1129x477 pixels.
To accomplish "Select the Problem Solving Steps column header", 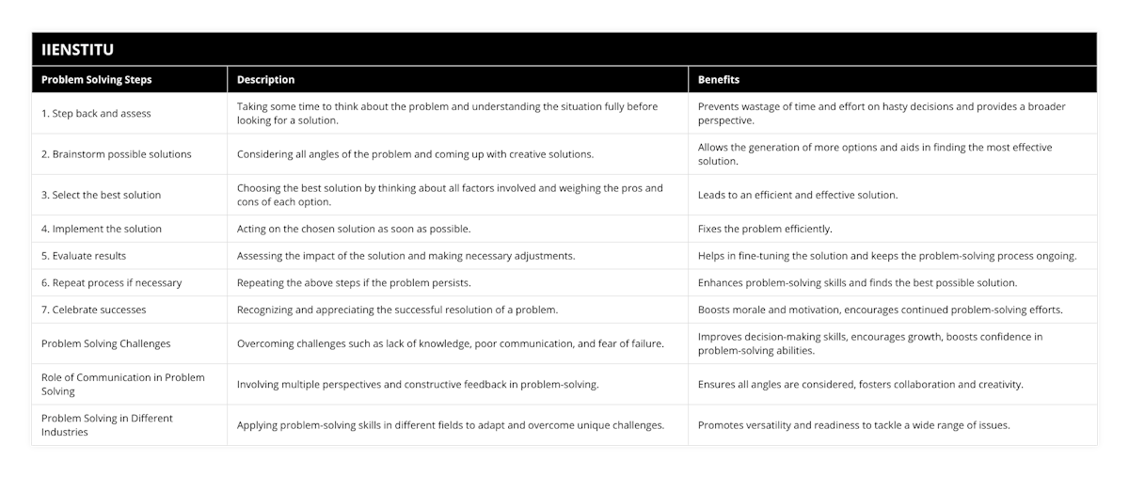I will [x=97, y=80].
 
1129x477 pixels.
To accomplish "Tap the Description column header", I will [x=265, y=80].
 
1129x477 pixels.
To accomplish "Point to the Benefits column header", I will [x=719, y=80].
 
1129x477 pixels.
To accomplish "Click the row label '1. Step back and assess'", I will [x=96, y=114].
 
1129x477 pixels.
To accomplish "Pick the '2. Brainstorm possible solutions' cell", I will [x=117, y=154].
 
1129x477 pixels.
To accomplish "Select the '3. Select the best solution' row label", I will [x=101, y=195].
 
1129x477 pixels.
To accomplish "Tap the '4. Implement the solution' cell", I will [x=102, y=229].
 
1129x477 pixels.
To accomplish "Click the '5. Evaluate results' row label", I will [x=84, y=256].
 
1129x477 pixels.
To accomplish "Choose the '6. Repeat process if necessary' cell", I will [x=112, y=282].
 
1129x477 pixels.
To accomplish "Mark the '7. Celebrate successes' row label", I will [x=94, y=310].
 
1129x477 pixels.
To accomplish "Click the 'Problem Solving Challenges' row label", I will [x=106, y=343].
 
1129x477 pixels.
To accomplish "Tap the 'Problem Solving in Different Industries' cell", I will [x=107, y=424].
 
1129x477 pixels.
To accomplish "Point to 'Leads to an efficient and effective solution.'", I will [x=798, y=195].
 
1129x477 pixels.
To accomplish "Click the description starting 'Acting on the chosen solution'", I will [x=354, y=229].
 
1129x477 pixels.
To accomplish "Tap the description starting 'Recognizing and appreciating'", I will [x=398, y=310].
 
